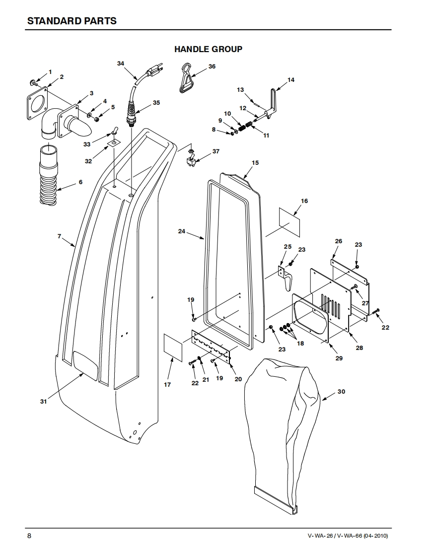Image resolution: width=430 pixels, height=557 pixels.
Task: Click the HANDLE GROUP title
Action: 208,49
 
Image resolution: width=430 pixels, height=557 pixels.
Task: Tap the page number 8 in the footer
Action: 29,536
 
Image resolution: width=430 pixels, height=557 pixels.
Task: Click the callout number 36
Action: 212,67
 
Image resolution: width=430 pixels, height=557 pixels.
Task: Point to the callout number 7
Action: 60,236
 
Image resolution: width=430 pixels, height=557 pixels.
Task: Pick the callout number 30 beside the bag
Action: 341,392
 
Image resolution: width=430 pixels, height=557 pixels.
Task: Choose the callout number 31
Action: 43,402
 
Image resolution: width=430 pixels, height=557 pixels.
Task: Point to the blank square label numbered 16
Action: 289,222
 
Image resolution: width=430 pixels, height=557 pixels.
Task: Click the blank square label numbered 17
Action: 173,348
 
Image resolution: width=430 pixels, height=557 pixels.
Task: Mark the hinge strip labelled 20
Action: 211,346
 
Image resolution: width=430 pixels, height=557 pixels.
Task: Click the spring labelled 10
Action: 242,127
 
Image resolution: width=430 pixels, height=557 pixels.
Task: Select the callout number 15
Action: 255,163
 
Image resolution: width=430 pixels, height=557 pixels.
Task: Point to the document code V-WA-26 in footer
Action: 320,536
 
